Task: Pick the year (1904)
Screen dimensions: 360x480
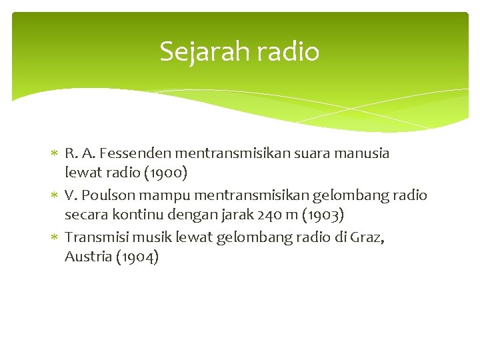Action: [x=137, y=257]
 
